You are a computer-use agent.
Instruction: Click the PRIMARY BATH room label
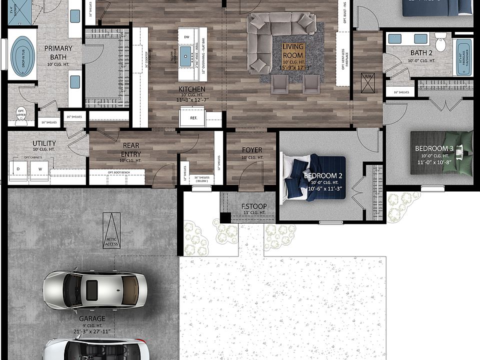(58, 52)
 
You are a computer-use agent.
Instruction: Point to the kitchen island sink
(186, 53)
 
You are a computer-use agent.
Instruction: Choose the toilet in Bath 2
(440, 42)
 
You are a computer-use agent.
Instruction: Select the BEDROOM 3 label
(434, 148)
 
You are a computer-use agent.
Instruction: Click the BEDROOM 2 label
(323, 176)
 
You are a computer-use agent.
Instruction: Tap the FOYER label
(252, 150)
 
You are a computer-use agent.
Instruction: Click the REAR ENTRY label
(131, 150)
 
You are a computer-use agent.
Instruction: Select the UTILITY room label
(44, 143)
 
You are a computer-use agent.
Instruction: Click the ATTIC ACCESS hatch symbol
(111, 229)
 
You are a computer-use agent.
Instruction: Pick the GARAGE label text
(92, 318)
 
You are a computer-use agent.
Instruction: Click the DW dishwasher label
(186, 37)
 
